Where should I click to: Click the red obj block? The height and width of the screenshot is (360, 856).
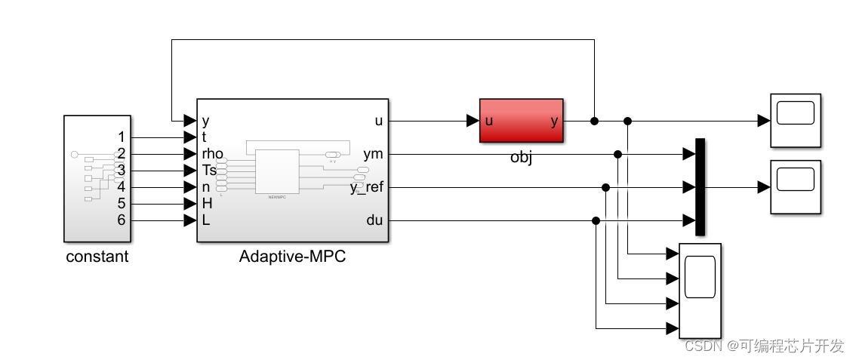click(521, 120)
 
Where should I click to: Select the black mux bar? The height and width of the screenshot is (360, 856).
click(700, 186)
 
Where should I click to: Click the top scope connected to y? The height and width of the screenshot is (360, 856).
click(795, 120)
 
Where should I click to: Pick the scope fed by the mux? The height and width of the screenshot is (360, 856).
click(795, 186)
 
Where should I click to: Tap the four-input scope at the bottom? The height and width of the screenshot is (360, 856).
click(700, 291)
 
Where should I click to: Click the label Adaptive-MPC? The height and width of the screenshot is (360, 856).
click(292, 256)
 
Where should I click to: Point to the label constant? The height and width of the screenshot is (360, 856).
click(97, 256)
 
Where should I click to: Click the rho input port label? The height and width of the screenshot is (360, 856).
click(213, 154)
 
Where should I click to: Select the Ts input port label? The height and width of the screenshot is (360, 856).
click(210, 171)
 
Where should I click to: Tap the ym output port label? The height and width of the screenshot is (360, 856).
click(373, 154)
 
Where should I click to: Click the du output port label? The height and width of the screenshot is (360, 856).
click(375, 220)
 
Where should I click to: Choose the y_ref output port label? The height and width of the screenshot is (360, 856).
click(367, 187)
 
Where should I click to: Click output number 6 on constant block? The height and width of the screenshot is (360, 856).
click(121, 220)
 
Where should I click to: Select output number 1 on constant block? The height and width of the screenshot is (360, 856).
click(121, 137)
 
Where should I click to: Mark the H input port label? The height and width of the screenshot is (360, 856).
click(207, 204)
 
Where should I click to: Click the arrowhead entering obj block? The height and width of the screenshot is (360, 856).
click(473, 121)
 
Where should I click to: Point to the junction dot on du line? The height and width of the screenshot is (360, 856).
click(596, 220)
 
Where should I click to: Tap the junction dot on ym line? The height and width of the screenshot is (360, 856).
click(617, 154)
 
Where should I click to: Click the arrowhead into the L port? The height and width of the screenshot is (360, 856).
click(190, 220)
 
